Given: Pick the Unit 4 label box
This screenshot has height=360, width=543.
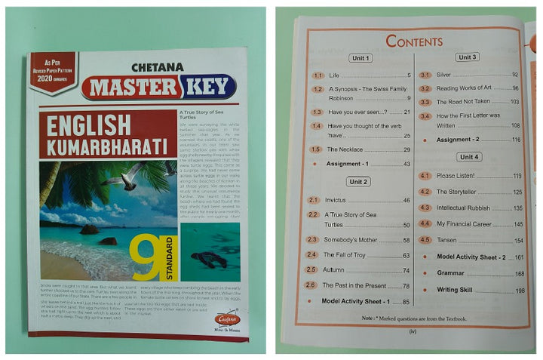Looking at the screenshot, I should pos(468,157).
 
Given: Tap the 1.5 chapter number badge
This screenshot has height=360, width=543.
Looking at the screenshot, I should pos(316,149).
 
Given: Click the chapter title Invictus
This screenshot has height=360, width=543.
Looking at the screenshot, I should pos(336,200).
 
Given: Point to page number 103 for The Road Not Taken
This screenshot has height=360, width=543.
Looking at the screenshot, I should pos(515,102).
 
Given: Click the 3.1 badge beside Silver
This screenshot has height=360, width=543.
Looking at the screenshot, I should pos(425,75).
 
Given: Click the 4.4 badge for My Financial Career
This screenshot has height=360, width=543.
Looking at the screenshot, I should pos(425,223).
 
